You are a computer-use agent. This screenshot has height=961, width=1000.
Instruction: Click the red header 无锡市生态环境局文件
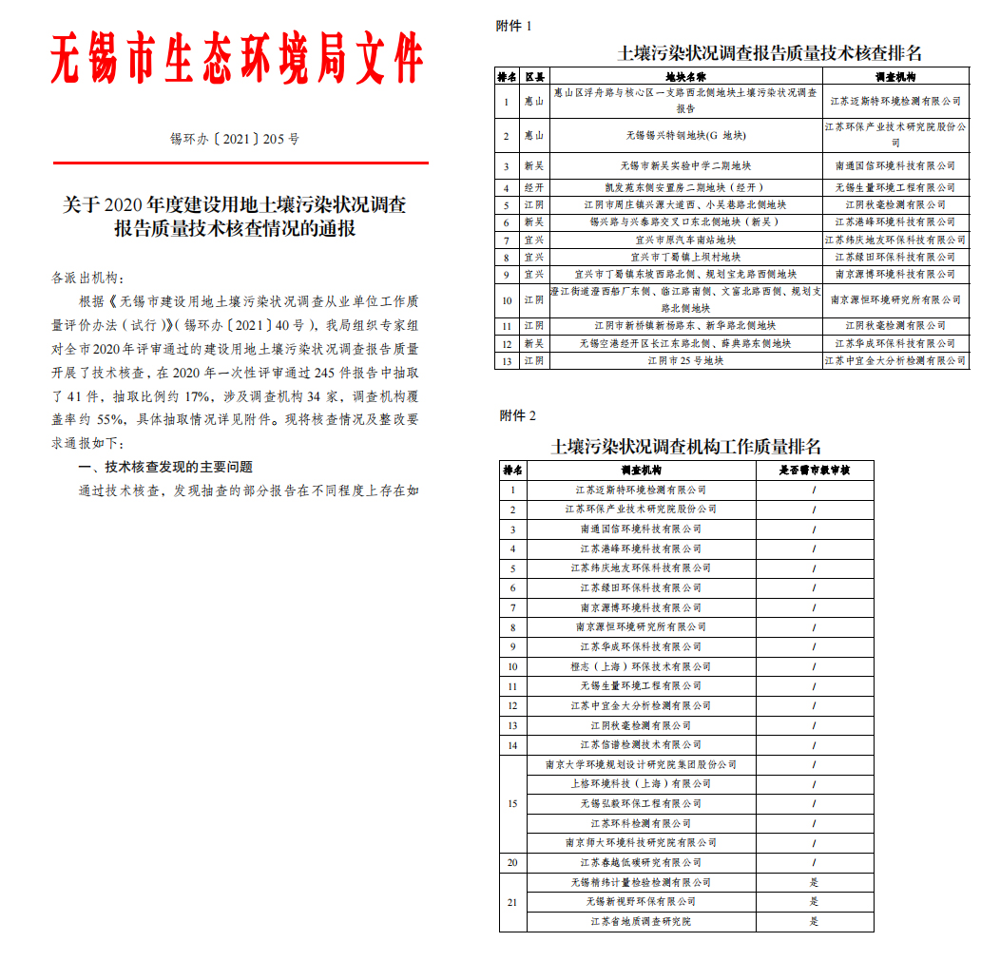point(237,59)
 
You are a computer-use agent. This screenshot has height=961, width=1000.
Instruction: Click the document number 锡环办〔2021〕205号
point(235,139)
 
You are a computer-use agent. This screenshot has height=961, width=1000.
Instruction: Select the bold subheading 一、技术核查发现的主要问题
point(165,468)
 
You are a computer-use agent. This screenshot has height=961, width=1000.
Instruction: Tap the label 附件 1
point(514,26)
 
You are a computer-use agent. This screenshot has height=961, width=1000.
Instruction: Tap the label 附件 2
point(518,415)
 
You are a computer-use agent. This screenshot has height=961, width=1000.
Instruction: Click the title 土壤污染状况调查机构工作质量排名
point(685,447)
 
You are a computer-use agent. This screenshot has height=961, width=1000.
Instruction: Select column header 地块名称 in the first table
point(685,76)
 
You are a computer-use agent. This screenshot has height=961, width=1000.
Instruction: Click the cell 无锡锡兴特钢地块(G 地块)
point(685,136)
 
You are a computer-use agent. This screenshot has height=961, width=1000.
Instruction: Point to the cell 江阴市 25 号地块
point(685,361)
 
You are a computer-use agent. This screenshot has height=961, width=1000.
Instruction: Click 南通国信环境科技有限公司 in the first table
point(894,165)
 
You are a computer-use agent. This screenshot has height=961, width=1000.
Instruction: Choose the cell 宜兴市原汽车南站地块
point(685,240)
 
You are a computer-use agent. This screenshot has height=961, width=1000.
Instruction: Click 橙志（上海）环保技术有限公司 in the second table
point(641,666)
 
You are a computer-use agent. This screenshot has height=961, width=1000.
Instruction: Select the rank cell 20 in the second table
point(512,862)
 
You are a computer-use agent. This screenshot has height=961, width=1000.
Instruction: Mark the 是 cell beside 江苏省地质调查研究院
point(814,921)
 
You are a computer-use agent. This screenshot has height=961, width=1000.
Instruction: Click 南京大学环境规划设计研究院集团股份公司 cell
point(641,764)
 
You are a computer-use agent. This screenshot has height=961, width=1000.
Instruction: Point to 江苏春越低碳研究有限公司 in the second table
point(641,862)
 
